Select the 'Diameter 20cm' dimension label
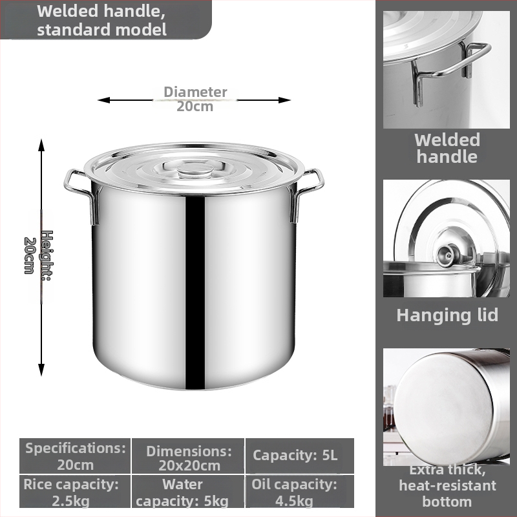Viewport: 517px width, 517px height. [195, 99]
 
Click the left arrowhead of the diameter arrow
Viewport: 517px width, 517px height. [103, 100]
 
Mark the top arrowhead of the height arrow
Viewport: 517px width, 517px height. [41, 145]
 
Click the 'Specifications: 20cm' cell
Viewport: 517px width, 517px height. [75, 456]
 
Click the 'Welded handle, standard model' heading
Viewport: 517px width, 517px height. [101, 20]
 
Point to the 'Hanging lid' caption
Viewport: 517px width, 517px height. [447, 315]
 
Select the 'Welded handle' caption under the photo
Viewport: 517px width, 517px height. [447, 149]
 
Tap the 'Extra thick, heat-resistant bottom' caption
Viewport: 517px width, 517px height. [447, 486]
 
